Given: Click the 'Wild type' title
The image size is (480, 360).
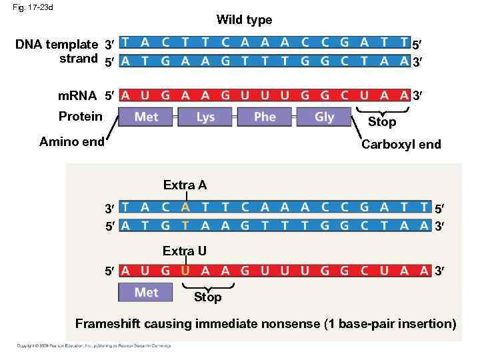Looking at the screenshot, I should coord(244,20).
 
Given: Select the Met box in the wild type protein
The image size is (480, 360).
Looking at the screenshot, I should coord(146,117).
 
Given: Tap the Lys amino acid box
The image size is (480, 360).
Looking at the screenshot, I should coord(205,117).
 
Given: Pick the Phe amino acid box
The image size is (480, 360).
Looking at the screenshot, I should coord(265,117).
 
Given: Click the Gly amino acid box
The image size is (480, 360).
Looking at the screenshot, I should coord(324,117).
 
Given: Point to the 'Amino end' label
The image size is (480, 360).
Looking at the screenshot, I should coord(72,141).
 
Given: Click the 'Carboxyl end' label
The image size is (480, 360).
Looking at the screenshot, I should coord(401,145).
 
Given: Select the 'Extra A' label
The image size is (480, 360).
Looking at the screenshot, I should coord(185,185).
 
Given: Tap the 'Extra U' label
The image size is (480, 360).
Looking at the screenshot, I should coord(185,251).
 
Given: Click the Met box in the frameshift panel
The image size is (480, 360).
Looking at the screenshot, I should coord(146,293).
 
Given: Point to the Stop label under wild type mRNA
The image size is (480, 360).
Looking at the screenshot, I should coord(382,122).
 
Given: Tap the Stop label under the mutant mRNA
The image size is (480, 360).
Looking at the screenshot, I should coord(207,297).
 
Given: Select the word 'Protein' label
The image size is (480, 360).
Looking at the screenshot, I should coord(80,117).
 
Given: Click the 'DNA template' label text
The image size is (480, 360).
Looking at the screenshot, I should coord(57,45).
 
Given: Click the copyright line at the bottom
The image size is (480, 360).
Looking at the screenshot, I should coord(93,345).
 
